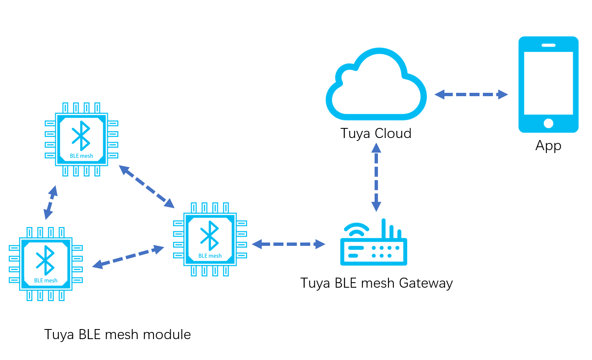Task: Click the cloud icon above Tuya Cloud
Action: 376,86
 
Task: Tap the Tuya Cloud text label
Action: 376,133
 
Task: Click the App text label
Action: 548,146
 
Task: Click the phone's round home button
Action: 549,123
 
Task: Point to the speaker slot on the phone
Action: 548,45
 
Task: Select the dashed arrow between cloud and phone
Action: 471,94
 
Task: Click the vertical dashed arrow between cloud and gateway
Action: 376,177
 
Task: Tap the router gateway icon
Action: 373,247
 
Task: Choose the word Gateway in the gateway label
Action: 426,283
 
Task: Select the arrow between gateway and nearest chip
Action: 288,244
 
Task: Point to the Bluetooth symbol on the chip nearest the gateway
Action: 209,235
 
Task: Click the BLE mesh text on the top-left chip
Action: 82,156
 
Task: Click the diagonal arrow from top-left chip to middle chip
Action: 146,186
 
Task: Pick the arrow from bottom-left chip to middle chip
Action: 128,257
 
